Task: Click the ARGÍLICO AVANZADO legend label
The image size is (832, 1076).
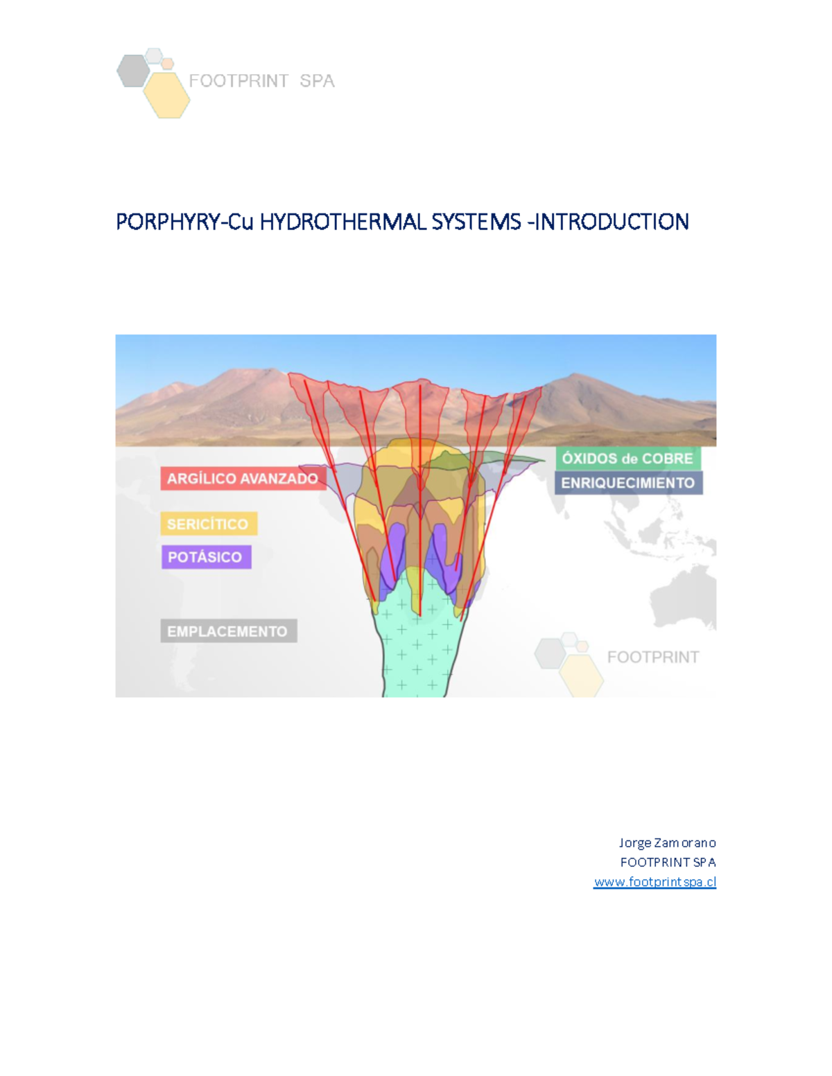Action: pos(243,479)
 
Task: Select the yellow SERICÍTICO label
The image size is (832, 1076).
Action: pos(208,524)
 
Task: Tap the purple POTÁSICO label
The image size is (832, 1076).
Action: pos(205,557)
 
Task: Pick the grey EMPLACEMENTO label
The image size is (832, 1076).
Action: pos(227,631)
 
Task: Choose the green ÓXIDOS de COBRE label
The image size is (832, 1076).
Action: pos(627,459)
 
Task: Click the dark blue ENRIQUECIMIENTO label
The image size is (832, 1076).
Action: pos(628,483)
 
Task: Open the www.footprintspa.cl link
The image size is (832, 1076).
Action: pos(655,882)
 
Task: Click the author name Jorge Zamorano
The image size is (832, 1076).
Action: pos(667,843)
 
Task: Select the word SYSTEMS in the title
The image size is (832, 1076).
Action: pos(476,222)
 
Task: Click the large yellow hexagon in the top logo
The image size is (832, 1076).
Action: pos(167,95)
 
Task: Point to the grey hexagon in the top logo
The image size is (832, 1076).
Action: pos(133,71)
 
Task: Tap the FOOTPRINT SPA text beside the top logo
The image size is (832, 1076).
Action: pos(261,81)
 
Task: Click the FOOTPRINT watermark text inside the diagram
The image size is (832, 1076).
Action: pos(652,657)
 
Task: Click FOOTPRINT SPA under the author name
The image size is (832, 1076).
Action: pos(668,863)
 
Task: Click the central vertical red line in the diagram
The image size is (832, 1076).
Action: pos(420,499)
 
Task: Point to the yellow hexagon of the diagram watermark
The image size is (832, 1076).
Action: pos(581,674)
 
